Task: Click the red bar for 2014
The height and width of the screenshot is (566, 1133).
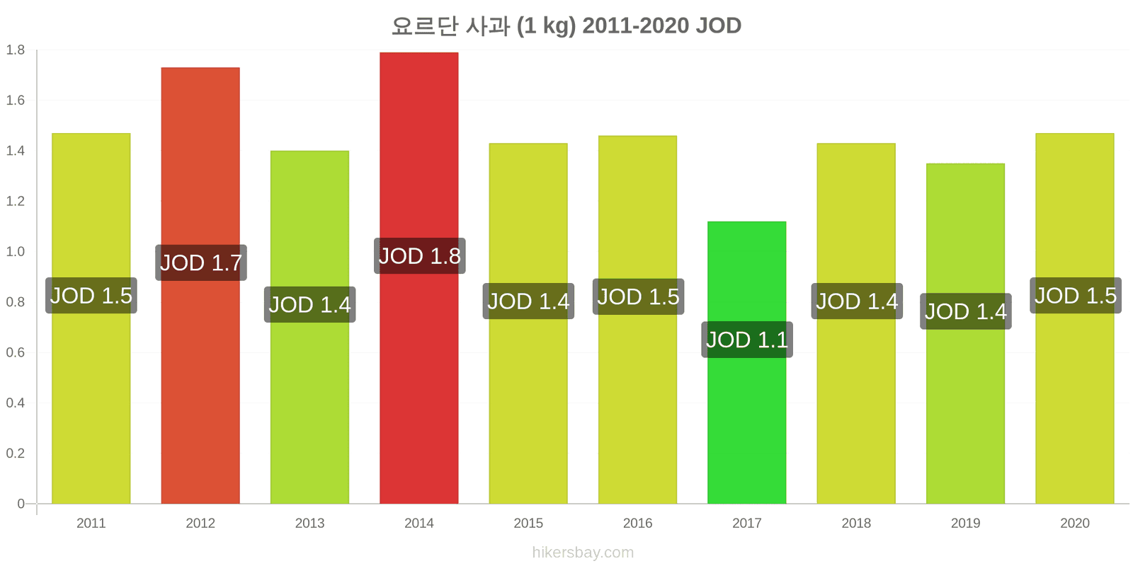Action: pyautogui.click(x=419, y=278)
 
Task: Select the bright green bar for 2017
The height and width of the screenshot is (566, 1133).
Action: pyautogui.click(x=746, y=362)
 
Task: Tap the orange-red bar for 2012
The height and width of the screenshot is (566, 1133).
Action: pyautogui.click(x=200, y=286)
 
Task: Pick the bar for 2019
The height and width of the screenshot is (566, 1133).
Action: pyautogui.click(x=965, y=333)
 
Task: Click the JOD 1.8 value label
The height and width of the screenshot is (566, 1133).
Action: pyautogui.click(x=420, y=256)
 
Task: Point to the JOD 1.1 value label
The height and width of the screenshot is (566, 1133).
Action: pyautogui.click(x=747, y=340)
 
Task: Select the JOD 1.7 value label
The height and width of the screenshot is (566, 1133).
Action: pyautogui.click(x=201, y=262)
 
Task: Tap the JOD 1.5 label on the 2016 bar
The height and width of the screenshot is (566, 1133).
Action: pyautogui.click(x=638, y=296)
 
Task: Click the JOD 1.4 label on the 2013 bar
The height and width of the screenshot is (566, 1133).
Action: pyautogui.click(x=309, y=304)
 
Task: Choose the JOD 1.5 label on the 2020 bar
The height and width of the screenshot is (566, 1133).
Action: pyautogui.click(x=1076, y=296)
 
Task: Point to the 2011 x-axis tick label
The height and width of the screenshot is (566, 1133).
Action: pyautogui.click(x=91, y=523)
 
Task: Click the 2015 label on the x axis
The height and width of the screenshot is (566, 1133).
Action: pyautogui.click(x=528, y=523)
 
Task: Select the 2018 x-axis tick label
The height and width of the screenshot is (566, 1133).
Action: pyautogui.click(x=856, y=523)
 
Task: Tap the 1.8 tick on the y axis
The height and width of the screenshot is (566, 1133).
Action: pyautogui.click(x=15, y=50)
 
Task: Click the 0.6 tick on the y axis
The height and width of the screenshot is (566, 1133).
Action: pyautogui.click(x=15, y=352)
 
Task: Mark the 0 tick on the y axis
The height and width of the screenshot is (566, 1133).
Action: pyautogui.click(x=21, y=503)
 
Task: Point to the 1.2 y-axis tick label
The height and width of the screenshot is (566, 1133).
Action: pyautogui.click(x=15, y=201)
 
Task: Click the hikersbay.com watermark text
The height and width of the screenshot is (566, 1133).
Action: pyautogui.click(x=583, y=553)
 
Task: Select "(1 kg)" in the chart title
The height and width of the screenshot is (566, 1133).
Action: pyautogui.click(x=546, y=25)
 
